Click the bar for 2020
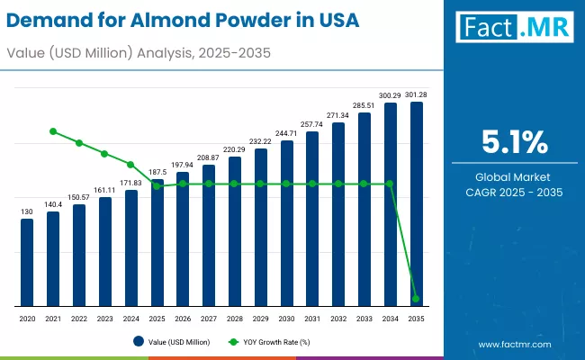pos(27,262)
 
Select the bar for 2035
pos(416,203)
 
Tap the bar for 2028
pos(235,231)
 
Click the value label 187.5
pos(157,172)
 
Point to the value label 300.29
pos(390,95)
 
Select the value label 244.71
pos(286,133)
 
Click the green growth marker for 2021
pos(53,131)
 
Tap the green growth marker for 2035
pos(416,299)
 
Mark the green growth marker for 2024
pos(130,165)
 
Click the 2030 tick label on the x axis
pos(286,319)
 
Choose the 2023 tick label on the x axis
pos(104,319)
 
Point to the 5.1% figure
pos(514,142)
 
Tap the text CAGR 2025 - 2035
pos(514,192)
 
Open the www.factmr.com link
pos(514,344)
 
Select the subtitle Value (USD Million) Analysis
pos(99,54)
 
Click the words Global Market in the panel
pos(514,176)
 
